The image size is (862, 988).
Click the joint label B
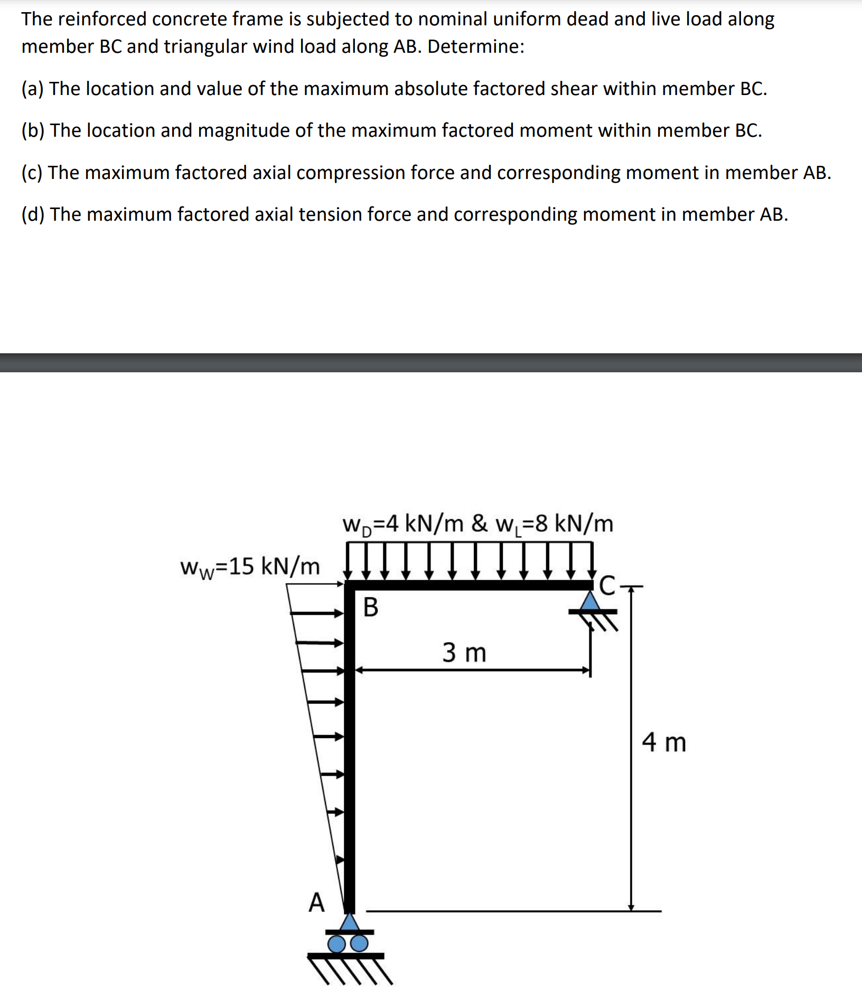coord(371,607)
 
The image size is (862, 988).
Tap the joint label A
coord(316,902)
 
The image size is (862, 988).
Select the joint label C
coord(607,586)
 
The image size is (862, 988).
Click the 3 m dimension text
coord(464,652)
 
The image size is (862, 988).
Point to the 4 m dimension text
coord(664,742)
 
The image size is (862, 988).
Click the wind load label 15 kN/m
coord(250,567)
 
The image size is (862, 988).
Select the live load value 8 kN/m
coord(555,524)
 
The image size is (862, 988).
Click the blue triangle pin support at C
coord(591,601)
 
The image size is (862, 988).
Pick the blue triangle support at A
coord(349,922)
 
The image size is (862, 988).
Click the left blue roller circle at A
coord(336,943)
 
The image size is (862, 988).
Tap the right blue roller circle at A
coord(359,943)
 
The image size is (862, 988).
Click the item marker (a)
coord(32,89)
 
